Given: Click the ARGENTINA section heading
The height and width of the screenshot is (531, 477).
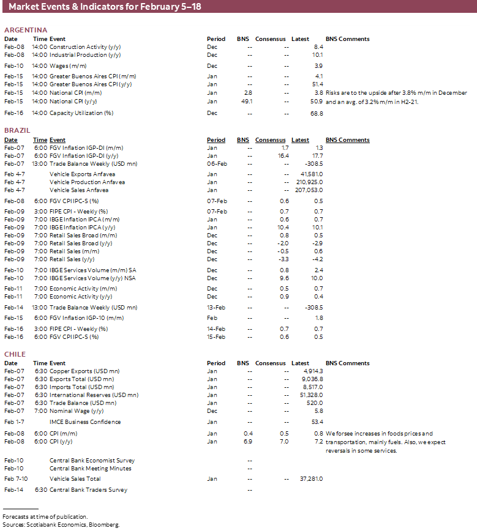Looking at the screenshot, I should (26, 30).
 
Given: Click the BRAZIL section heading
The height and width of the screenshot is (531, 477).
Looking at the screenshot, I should (17, 131).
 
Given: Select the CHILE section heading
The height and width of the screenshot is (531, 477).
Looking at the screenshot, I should (15, 354).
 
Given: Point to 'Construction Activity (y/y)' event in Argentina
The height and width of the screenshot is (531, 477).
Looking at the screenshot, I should (85, 46).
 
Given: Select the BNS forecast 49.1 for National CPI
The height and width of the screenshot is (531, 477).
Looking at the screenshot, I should (247, 102).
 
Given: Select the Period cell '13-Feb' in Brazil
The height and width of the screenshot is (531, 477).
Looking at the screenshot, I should (217, 308).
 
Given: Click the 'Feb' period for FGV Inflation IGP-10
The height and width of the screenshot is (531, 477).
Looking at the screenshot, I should (212, 318).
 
